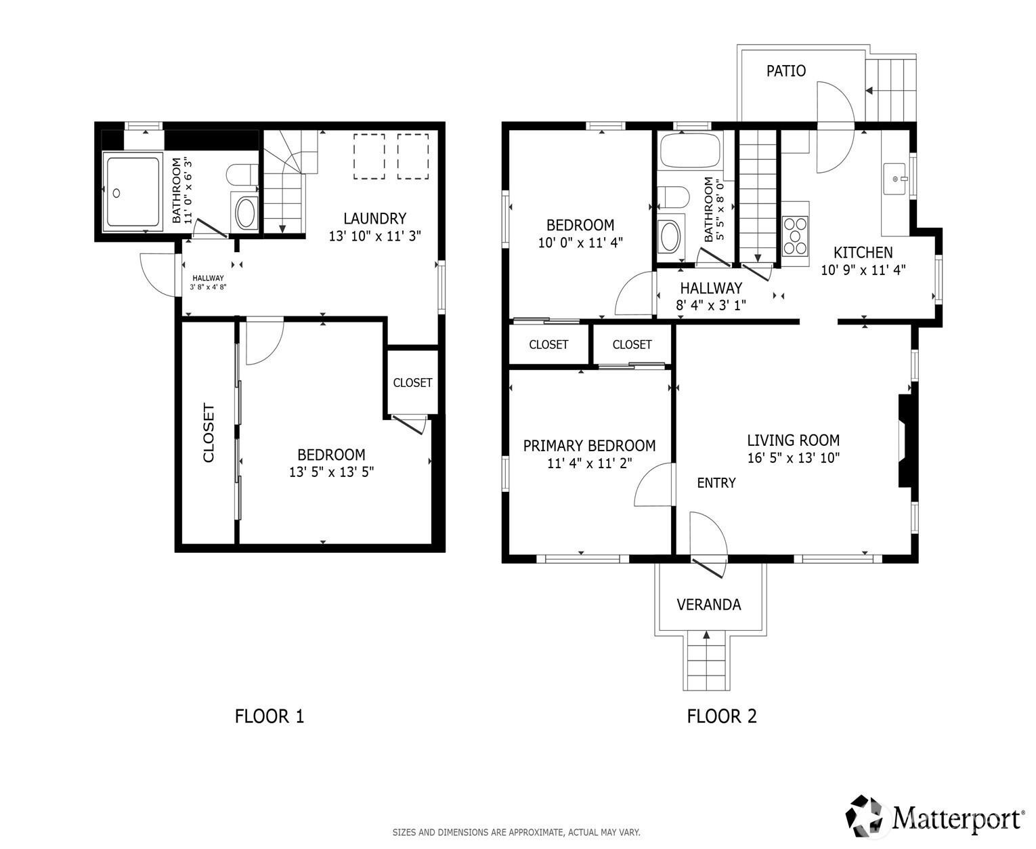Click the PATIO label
click(785, 71)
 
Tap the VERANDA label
click(708, 604)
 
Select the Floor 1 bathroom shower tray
click(133, 192)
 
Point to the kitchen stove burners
click(796, 236)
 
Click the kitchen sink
click(894, 180)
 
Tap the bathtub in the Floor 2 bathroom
click(690, 150)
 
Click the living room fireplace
click(905, 441)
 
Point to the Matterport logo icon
click(867, 816)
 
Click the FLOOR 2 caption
click(722, 716)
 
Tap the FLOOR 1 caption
click(269, 716)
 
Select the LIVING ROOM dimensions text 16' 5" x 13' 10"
click(794, 457)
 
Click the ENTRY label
click(716, 482)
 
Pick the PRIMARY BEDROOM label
click(589, 446)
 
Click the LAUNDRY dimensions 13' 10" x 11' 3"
click(375, 236)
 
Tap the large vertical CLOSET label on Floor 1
click(209, 433)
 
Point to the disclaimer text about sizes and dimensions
click(516, 832)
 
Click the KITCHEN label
click(863, 253)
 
